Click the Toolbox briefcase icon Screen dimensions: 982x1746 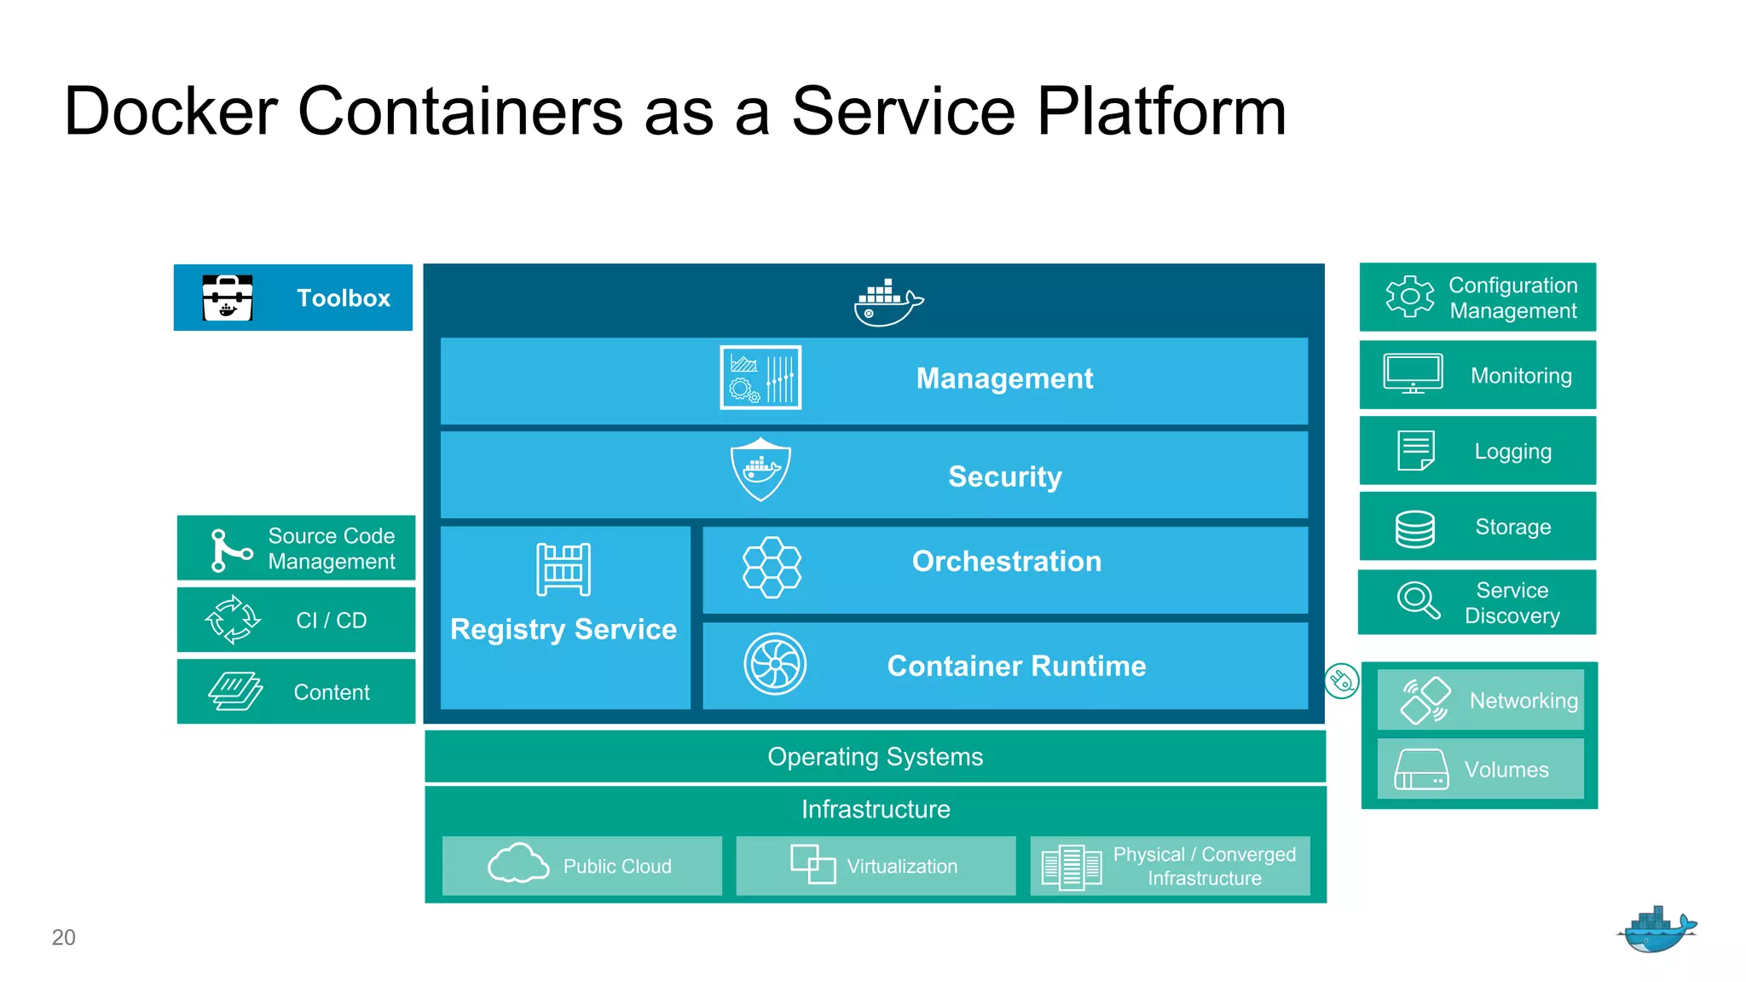click(228, 297)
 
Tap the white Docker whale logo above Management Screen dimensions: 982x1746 click(887, 303)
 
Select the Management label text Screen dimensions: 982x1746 click(1004, 378)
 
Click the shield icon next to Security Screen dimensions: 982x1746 click(760, 470)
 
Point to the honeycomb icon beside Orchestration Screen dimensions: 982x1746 click(772, 567)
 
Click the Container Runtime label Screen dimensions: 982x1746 click(1016, 666)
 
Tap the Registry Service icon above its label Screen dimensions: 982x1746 click(564, 569)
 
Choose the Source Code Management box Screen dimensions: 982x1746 click(296, 548)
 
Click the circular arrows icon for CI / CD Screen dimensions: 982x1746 click(233, 620)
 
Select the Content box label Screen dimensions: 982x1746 click(332, 692)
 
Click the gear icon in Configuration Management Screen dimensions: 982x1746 click(1409, 297)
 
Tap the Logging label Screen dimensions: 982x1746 click(1512, 452)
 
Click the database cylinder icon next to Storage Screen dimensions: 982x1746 click(1414, 529)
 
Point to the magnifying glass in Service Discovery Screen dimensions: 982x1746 click(1418, 600)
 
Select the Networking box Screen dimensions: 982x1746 click(1481, 700)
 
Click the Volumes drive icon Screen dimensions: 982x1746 click(1421, 769)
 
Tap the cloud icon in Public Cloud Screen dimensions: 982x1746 click(517, 864)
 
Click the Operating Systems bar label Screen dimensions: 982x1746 click(875, 757)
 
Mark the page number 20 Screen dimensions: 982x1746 click(64, 937)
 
